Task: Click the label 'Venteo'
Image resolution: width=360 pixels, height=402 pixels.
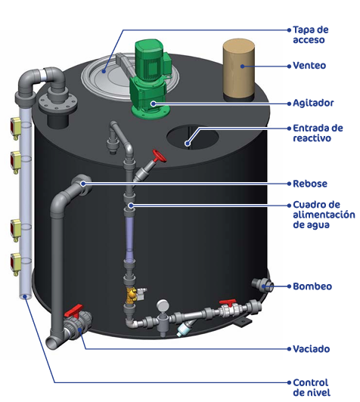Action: tap(309, 66)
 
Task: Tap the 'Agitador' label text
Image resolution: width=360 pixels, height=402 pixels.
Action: tap(313, 103)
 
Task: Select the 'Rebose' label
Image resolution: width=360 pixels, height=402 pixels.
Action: tap(310, 184)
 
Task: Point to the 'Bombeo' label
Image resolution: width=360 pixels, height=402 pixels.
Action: tap(312, 286)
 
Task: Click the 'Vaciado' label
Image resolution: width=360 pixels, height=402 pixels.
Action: tap(312, 349)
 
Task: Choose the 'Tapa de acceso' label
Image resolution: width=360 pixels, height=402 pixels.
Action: tap(311, 35)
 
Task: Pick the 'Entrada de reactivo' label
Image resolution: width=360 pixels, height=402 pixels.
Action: tap(318, 133)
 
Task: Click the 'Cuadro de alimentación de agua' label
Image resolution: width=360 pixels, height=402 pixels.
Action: tap(324, 215)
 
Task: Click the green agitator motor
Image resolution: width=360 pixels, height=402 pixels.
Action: tap(149, 79)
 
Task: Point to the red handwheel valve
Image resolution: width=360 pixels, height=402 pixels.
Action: tap(160, 156)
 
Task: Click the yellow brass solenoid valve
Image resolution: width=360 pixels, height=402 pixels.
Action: tap(132, 295)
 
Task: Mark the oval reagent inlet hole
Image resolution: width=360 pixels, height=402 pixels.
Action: tap(192, 137)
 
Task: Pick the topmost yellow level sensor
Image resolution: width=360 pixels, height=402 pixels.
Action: tap(15, 128)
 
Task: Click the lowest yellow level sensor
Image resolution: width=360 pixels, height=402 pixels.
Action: tap(15, 263)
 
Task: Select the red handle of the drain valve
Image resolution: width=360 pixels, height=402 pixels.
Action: tap(74, 311)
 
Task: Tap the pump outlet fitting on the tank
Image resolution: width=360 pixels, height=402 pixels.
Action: tap(262, 285)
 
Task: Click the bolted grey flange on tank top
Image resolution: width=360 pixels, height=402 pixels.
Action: tap(58, 103)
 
